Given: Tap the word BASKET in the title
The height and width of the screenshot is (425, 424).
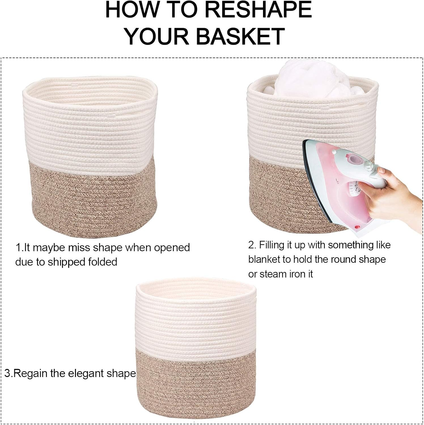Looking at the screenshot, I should (240, 36).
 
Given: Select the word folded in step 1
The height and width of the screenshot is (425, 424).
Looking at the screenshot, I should (103, 262).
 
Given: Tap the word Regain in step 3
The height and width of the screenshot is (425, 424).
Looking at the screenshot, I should (31, 373).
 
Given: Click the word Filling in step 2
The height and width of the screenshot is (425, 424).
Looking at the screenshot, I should (272, 245).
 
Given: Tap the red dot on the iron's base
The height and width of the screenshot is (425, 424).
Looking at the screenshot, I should (358, 227).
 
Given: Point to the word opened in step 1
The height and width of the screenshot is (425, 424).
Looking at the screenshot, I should (172, 248).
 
